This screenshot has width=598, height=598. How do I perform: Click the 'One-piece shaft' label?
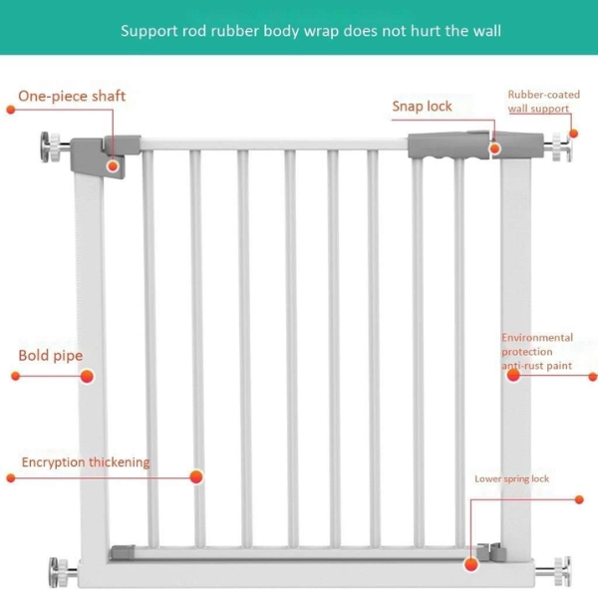tap(72, 96)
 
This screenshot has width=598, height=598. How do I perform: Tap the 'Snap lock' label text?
tap(422, 106)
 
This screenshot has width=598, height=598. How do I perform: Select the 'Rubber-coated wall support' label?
tap(542, 101)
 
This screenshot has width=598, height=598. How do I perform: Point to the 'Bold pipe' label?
tap(51, 355)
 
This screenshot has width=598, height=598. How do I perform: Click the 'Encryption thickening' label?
tap(86, 461)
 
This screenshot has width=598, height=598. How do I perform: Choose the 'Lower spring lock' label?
tap(511, 478)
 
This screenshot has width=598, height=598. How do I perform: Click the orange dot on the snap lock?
tap(493, 149)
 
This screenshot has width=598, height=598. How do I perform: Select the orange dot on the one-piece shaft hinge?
tap(114, 165)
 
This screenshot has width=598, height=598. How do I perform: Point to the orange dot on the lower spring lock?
tap(471, 563)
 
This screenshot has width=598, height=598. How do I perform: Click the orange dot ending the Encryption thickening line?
tap(197, 477)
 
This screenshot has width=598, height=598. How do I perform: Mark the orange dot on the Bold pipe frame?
tap(87, 376)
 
